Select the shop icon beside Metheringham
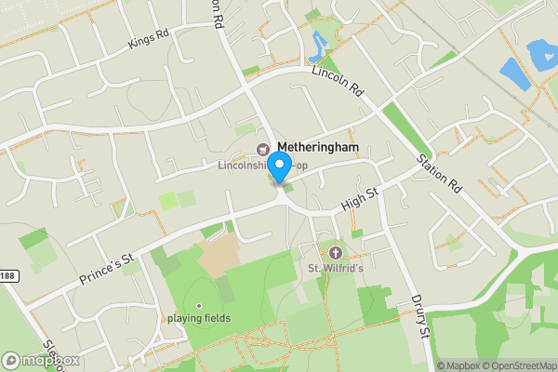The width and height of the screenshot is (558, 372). [x=262, y=148]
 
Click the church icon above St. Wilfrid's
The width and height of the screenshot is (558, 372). [x=335, y=252]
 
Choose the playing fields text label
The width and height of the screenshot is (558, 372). [x=199, y=318]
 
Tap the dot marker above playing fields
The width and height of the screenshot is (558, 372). [x=198, y=305]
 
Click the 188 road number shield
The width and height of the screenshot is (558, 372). [x=7, y=274]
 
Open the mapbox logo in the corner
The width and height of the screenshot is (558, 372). [x=41, y=360]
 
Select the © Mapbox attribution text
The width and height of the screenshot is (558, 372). [x=457, y=365]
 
